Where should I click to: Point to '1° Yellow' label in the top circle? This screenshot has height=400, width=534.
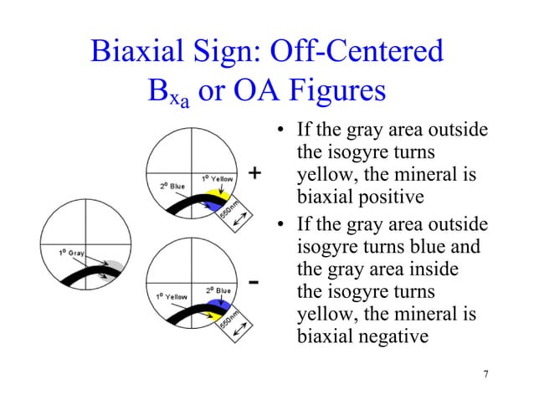click(216, 177)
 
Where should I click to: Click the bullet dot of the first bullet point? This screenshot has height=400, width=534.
click(280, 131)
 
